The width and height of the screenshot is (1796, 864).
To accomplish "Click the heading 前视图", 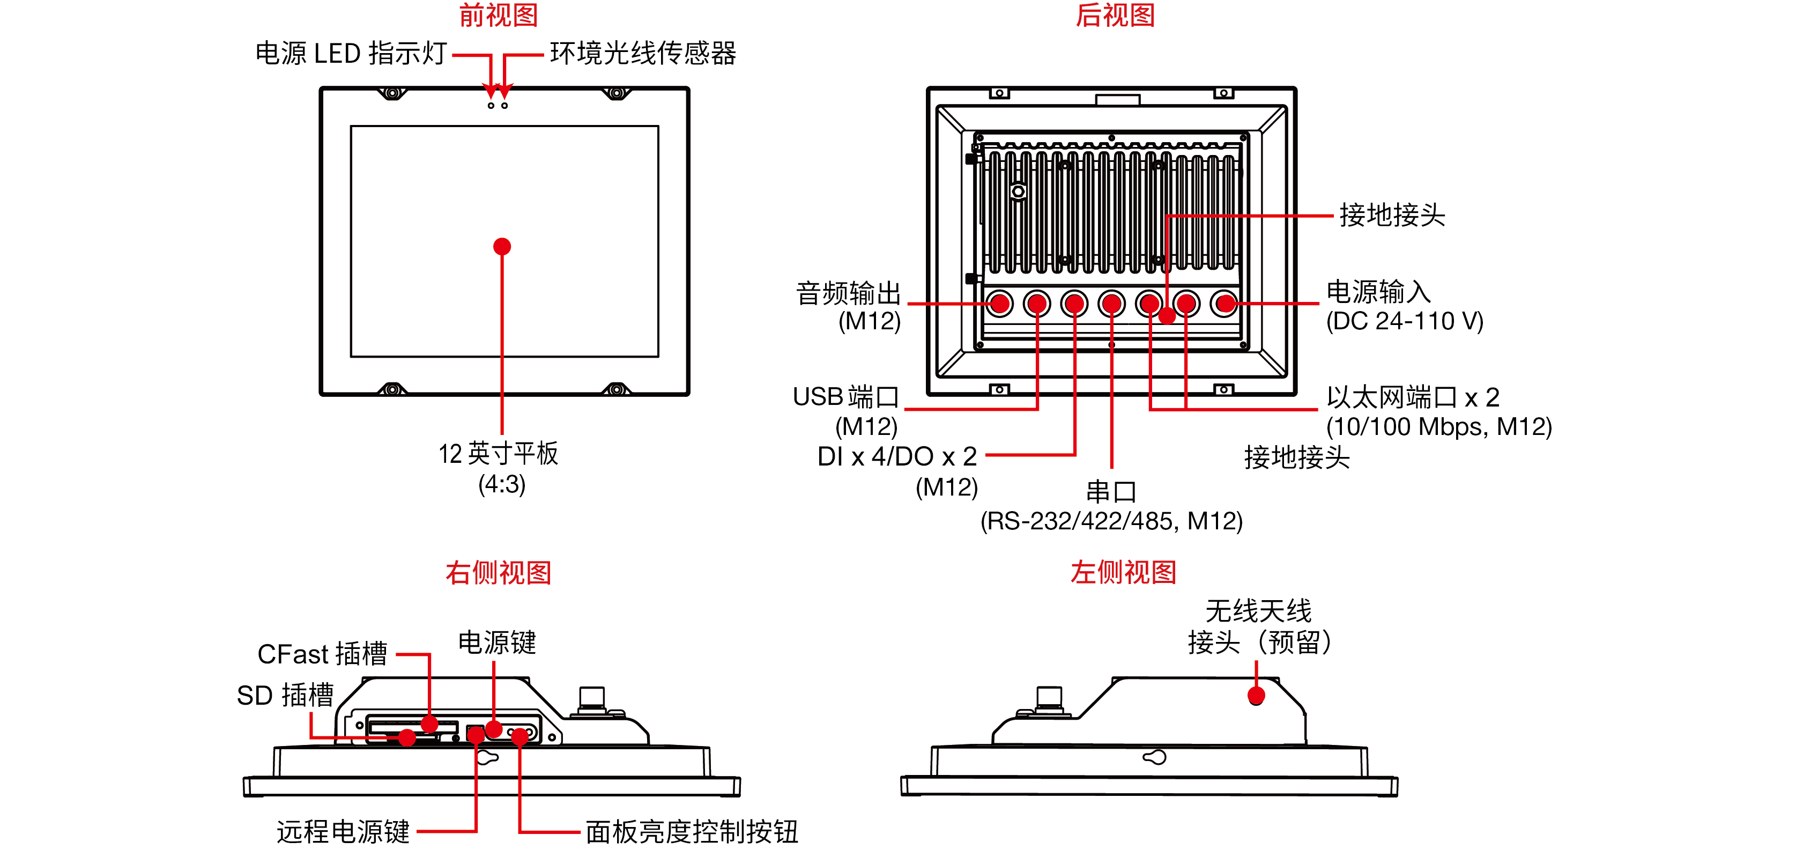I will click(x=498, y=16).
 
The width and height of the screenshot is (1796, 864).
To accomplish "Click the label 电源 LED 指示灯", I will click(x=351, y=54).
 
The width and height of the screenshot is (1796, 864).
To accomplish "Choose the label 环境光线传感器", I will click(x=642, y=54).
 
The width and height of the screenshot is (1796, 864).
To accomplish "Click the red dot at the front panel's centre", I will click(x=502, y=247).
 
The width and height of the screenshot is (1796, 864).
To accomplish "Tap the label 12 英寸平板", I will click(x=498, y=454).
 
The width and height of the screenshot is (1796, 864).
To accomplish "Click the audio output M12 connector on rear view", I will click(x=1000, y=304).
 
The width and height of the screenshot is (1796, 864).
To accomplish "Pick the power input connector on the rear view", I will click(x=1224, y=304).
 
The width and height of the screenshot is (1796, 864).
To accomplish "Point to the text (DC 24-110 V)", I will click(x=1404, y=321).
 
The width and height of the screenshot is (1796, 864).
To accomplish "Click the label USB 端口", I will click(x=845, y=397).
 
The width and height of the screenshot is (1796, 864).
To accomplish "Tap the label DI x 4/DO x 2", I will click(x=896, y=457).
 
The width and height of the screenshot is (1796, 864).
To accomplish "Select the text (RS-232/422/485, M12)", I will click(x=1111, y=521).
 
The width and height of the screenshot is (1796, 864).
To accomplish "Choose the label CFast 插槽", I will click(x=322, y=654).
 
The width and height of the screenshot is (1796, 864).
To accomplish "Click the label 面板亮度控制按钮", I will click(x=691, y=832).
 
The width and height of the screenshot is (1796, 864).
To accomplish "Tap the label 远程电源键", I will click(x=343, y=832).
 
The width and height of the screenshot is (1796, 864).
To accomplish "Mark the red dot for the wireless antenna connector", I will click(x=1256, y=695).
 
